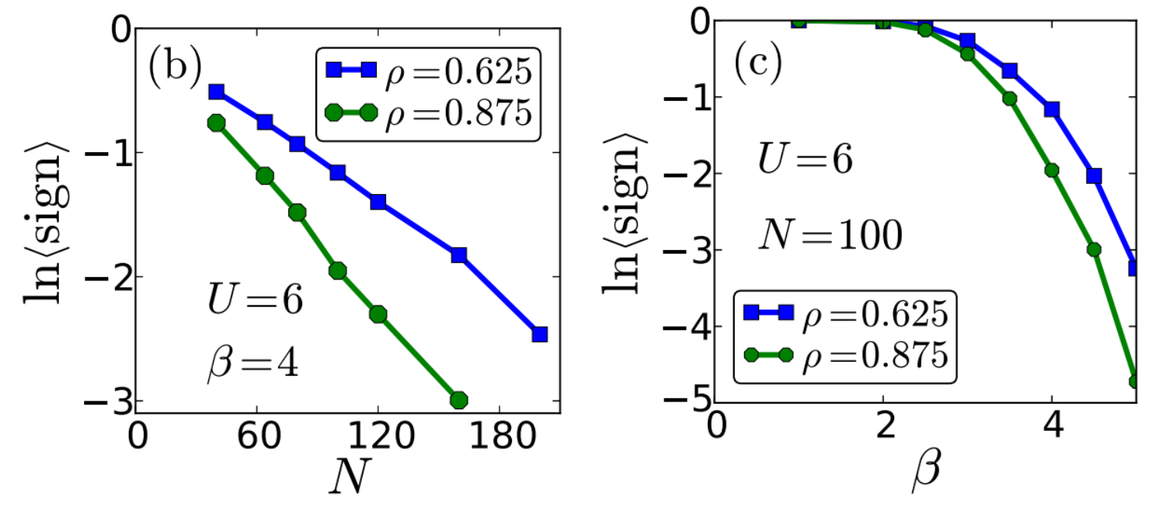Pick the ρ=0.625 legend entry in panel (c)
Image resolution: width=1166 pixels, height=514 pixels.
click(x=845, y=314)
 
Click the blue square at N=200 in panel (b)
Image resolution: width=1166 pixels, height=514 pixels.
click(x=539, y=335)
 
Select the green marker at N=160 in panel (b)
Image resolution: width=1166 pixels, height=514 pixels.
click(x=458, y=400)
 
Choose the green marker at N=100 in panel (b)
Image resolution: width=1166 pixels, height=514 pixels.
click(x=337, y=271)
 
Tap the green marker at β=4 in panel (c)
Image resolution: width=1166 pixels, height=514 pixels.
click(x=1053, y=171)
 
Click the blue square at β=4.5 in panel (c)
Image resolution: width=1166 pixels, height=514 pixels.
click(x=1095, y=176)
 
